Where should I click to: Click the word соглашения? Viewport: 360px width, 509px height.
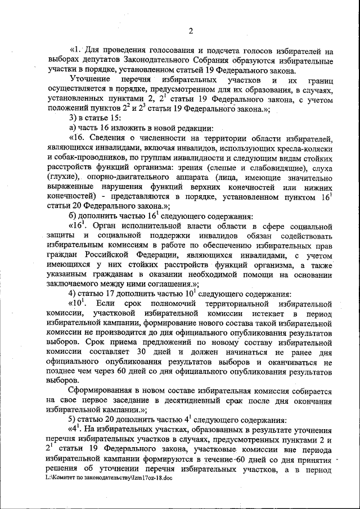(x=169, y=283)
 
